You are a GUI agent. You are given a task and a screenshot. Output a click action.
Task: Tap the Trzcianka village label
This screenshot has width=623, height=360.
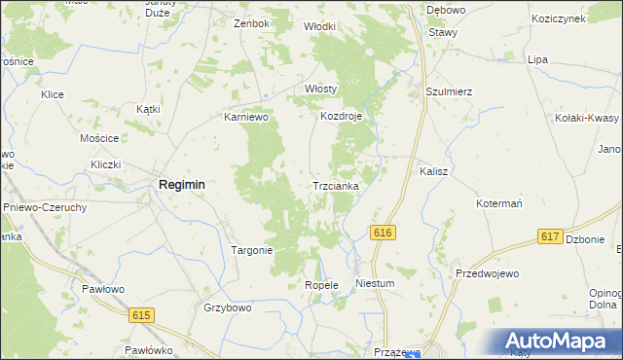coord(336,185)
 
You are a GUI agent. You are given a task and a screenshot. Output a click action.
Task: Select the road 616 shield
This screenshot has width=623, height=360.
coord(382,232)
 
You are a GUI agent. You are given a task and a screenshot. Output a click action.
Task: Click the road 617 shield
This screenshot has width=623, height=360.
coord(550,236)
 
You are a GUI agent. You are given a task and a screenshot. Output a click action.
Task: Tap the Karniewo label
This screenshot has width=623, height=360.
coord(245,117)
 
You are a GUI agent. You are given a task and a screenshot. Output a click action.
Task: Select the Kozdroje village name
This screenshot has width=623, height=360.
coord(342,117)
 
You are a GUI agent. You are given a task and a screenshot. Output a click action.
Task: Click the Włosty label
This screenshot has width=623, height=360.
coord(320,89)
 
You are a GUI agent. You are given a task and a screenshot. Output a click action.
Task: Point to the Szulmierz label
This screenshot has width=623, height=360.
coord(449,91)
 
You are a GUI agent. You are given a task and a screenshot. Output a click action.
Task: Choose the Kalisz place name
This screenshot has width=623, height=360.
coord(433,170)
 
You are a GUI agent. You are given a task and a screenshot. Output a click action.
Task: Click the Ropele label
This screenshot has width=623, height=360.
coord(320,285)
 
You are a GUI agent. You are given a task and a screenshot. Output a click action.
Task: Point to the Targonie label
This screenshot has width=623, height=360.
coord(251,250)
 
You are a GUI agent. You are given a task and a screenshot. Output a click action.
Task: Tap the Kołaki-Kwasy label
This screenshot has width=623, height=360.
coord(586,118)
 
